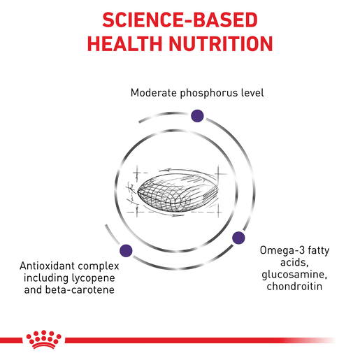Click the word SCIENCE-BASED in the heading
tap(180, 20)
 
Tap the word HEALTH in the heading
tap(124, 43)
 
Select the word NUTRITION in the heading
tap(221, 43)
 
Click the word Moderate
tap(154, 93)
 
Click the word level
tap(252, 93)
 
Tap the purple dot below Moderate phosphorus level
tap(197, 116)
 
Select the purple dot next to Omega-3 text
tap(238, 238)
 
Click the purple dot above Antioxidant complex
tap(126, 251)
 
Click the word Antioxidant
tap(46, 266)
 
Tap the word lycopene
tap(93, 278)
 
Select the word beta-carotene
tap(80, 290)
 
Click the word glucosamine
tap(294, 275)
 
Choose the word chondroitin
tap(294, 287)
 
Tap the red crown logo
tap(44, 339)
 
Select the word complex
tap(98, 266)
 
